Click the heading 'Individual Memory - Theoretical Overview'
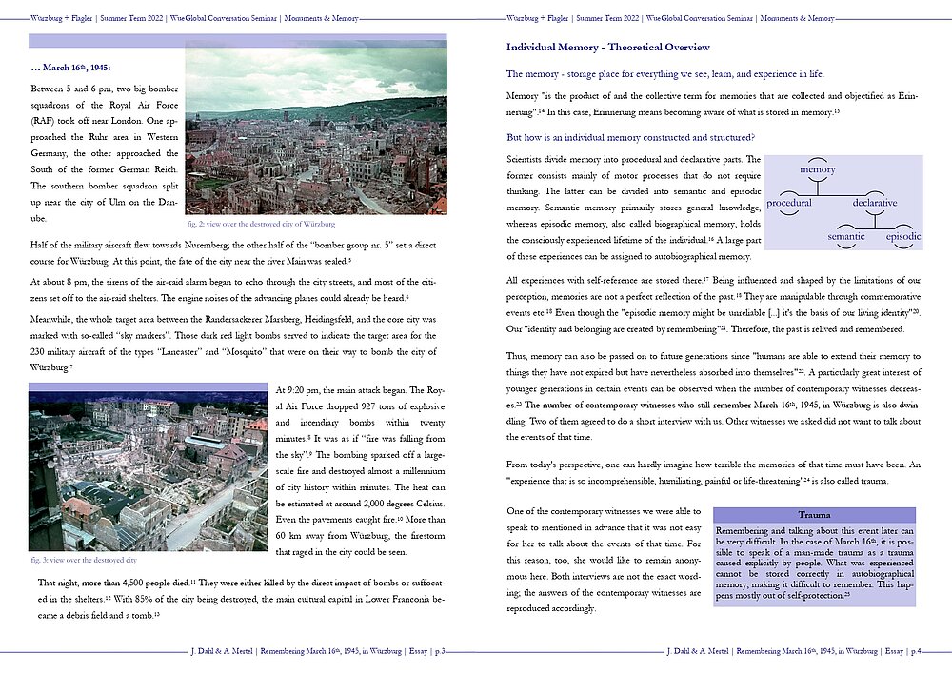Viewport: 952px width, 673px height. click(x=606, y=48)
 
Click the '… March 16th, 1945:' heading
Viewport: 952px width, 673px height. click(x=71, y=68)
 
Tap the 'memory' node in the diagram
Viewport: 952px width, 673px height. click(x=818, y=170)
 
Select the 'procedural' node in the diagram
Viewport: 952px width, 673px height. click(x=789, y=203)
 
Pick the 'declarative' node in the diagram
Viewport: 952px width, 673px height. click(x=874, y=203)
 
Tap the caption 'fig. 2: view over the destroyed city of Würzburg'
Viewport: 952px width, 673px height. click(x=261, y=224)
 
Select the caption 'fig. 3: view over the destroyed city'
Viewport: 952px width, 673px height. click(x=82, y=560)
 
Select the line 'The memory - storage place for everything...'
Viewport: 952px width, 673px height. click(x=665, y=74)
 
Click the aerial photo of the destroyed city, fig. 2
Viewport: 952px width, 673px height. click(x=315, y=130)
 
